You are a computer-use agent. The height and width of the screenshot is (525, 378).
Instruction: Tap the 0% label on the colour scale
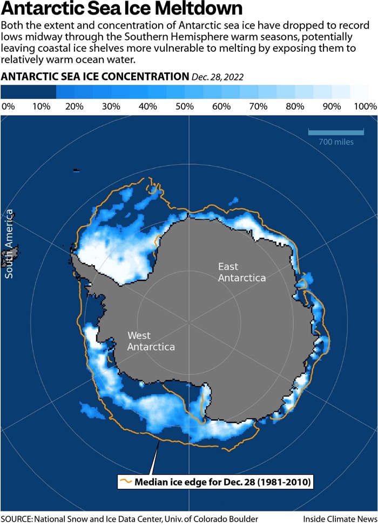pos(8,106)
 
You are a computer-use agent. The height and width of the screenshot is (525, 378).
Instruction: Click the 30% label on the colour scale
pos(111,106)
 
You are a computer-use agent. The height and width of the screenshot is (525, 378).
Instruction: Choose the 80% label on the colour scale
pos(295,106)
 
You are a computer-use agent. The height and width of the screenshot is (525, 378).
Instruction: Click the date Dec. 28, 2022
pos(218,77)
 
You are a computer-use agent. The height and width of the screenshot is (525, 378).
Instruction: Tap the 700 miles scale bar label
pos(336,142)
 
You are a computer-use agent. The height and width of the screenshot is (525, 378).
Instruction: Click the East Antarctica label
pos(241,272)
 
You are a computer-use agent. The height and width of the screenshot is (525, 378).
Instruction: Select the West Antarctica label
pos(151,341)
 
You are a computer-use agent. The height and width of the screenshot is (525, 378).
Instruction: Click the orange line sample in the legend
pos(126,481)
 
